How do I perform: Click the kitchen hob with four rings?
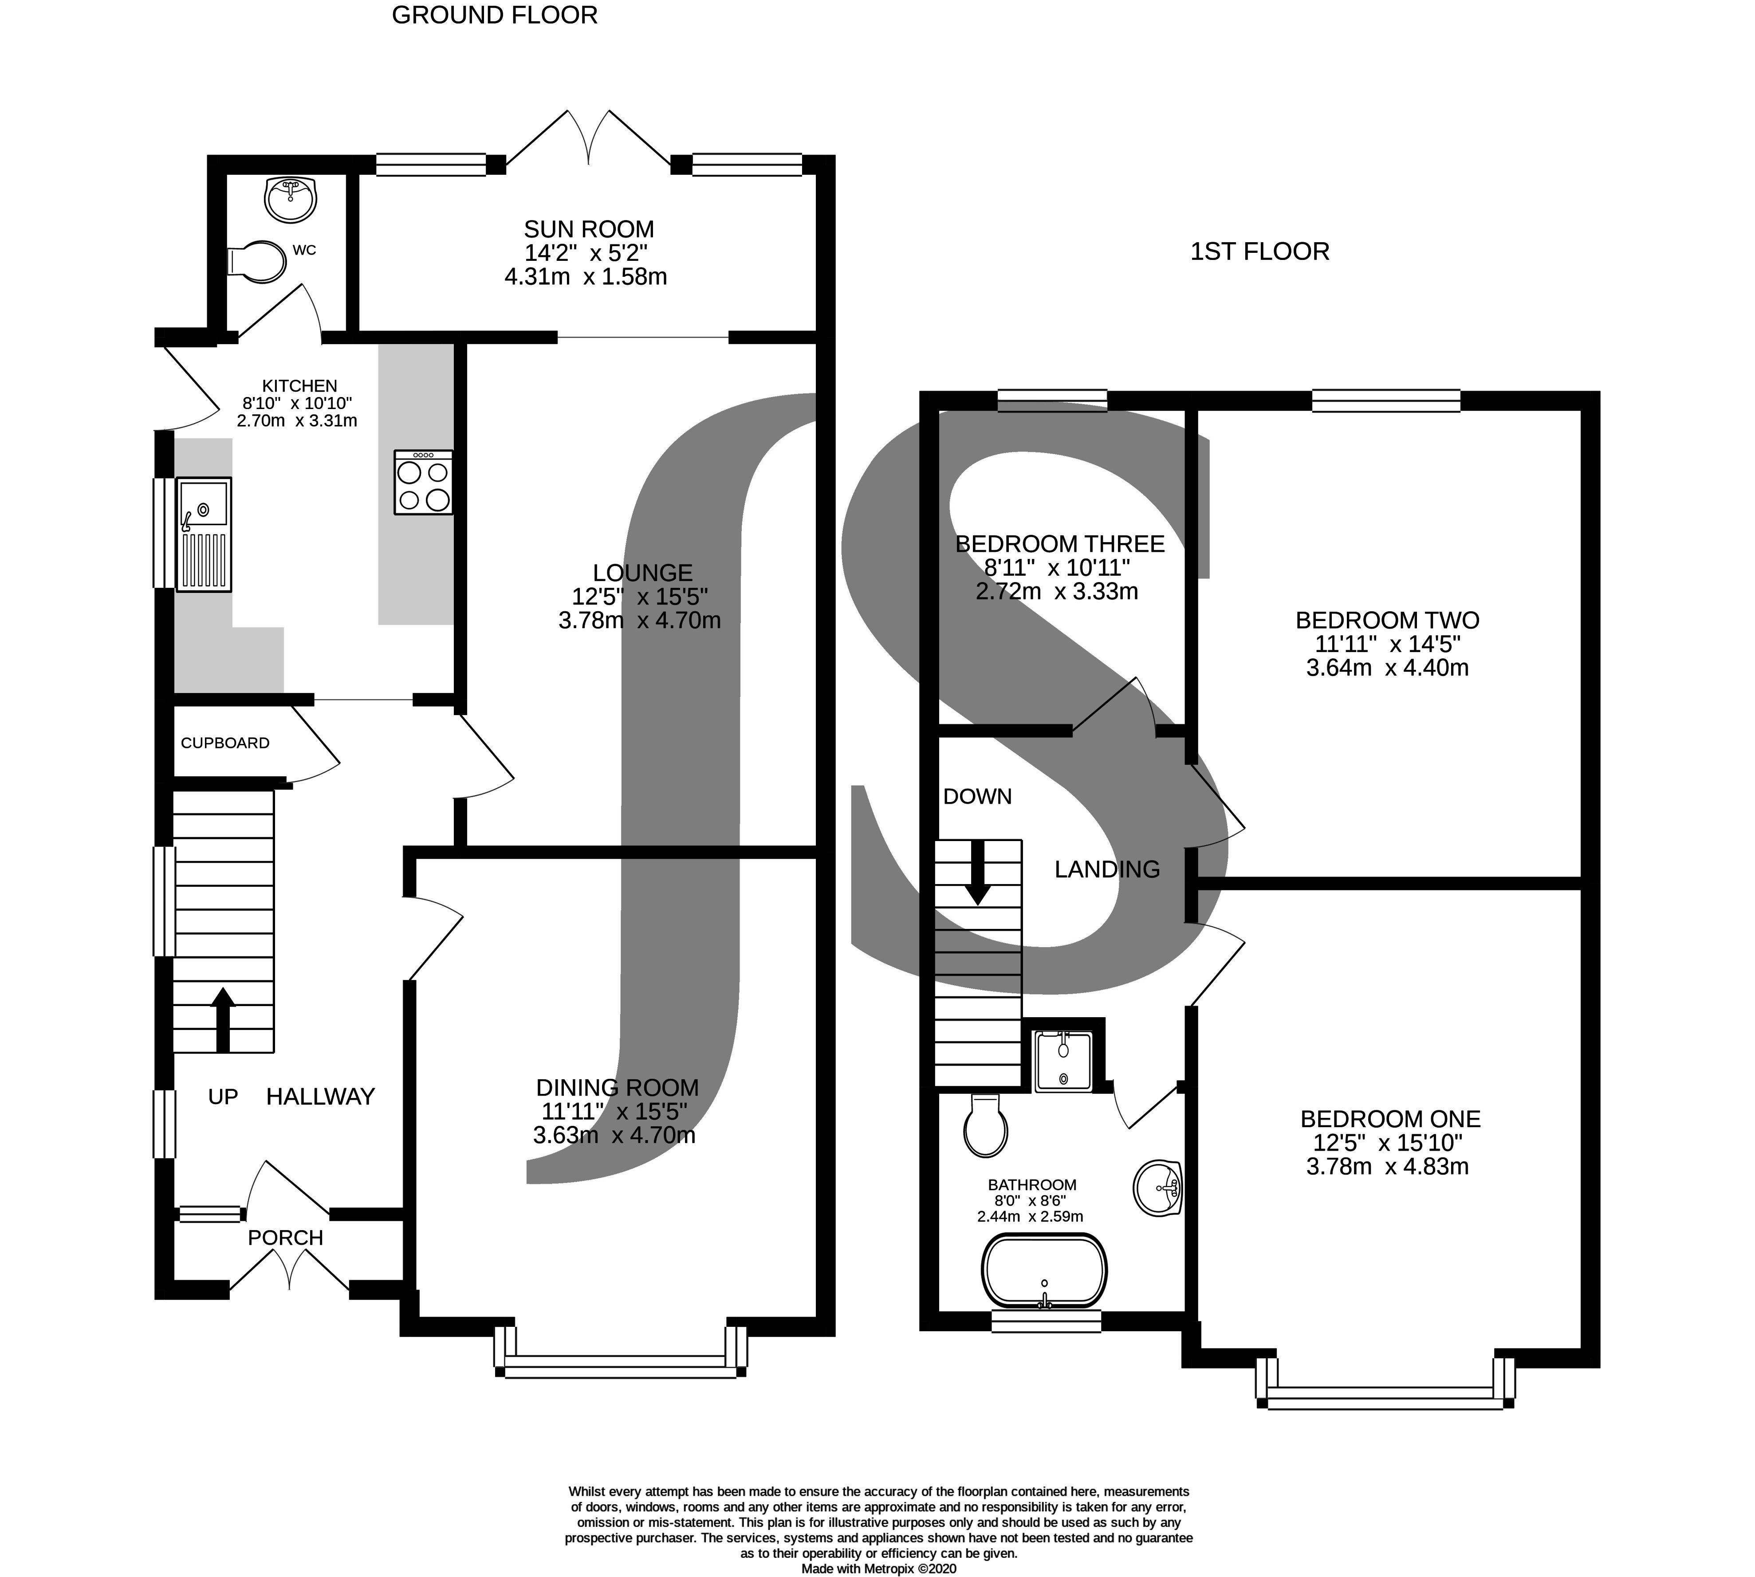pyautogui.click(x=423, y=483)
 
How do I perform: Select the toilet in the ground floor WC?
pyautogui.click(x=258, y=261)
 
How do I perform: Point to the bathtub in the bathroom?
pyautogui.click(x=1043, y=1270)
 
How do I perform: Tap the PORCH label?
pyautogui.click(x=285, y=1237)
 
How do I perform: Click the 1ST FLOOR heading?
pyautogui.click(x=1259, y=251)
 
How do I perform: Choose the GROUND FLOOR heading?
pyautogui.click(x=494, y=16)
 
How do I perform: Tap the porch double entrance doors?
pyautogui.click(x=289, y=1274)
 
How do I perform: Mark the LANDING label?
pyautogui.click(x=1107, y=869)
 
